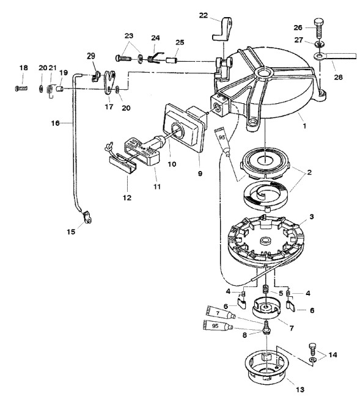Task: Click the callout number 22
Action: coord(203,15)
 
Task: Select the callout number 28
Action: coord(338,77)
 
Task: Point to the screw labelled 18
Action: coord(21,89)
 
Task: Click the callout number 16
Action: coord(55,123)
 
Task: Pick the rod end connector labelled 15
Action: coord(87,217)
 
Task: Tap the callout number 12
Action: coord(127,198)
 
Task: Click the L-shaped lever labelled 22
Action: coord(222,29)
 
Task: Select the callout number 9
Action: coord(200,173)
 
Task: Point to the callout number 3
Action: coord(311,217)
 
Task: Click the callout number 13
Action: coord(299,389)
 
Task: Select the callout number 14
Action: coord(332,355)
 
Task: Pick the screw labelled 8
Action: coord(266,328)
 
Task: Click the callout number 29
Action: coord(91,56)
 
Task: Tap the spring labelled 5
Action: coord(266,289)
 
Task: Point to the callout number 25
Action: coord(180,42)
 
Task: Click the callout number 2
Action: coord(309,172)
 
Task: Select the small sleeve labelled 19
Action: coord(59,89)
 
